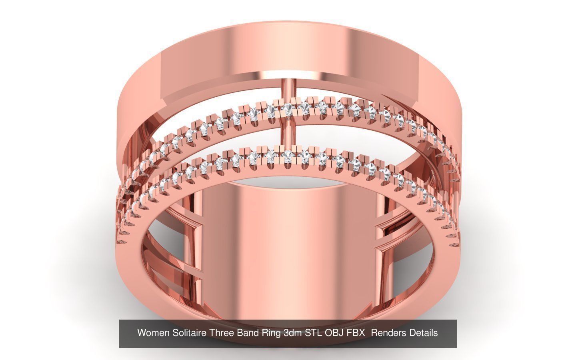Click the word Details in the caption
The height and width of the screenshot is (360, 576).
coord(423,333)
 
